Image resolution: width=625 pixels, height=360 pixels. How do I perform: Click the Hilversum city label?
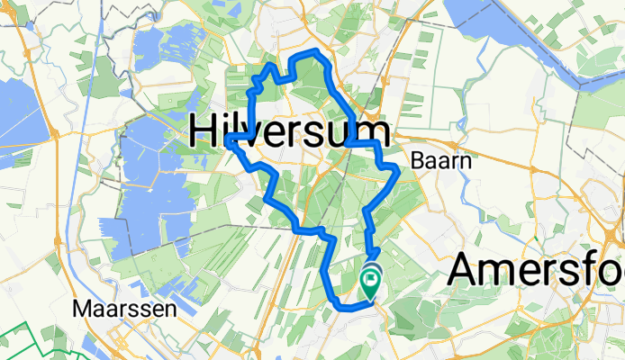pos(290,132)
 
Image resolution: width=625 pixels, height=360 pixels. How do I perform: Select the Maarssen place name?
pos(111,309)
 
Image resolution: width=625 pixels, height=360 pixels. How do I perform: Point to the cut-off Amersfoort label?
pos(536,271)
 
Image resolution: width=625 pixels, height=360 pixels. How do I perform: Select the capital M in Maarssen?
pos(81,309)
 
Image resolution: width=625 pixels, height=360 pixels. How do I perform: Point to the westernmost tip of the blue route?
pos(230,137)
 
